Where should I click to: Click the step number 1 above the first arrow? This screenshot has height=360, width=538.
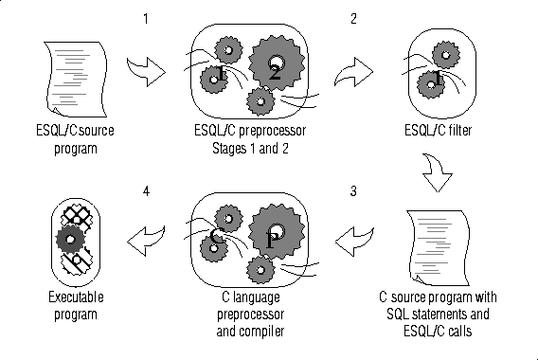click(146, 19)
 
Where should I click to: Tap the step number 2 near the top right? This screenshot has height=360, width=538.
click(353, 19)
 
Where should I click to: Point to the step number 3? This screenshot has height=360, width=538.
click(353, 191)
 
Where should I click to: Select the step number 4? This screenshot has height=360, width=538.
click(147, 191)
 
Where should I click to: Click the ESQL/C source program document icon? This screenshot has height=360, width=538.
click(76, 80)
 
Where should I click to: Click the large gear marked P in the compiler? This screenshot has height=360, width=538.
click(277, 232)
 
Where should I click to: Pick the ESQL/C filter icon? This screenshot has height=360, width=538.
click(442, 73)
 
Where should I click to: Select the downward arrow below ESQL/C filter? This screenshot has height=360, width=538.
click(437, 173)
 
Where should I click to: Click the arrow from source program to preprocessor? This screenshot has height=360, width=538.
click(147, 72)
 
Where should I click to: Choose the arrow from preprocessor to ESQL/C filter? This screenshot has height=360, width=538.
click(354, 72)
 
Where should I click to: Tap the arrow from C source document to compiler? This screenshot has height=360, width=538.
click(354, 242)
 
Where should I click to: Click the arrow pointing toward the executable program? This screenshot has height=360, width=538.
click(146, 241)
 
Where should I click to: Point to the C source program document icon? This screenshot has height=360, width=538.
click(439, 248)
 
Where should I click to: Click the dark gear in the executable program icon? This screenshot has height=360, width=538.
click(70, 239)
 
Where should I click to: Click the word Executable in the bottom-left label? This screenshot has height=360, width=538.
click(76, 297)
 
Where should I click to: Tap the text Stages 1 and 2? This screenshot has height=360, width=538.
click(250, 148)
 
